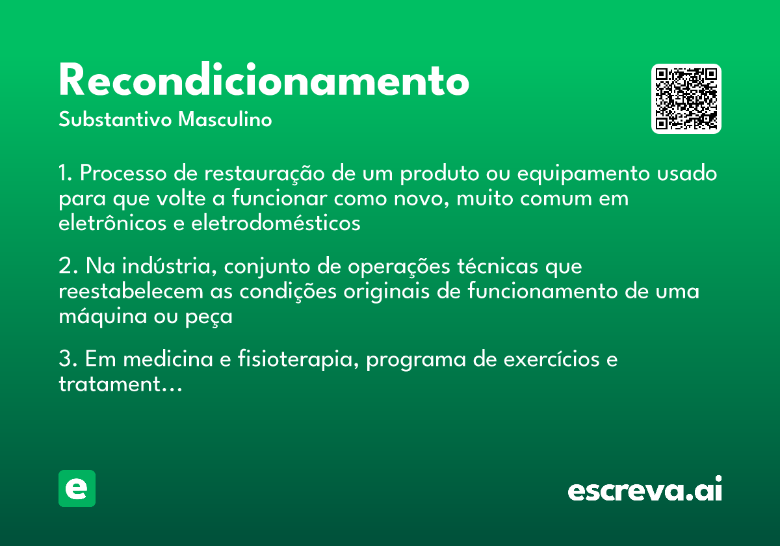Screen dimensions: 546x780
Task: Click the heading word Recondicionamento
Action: [x=263, y=81]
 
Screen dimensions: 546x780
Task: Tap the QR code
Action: [x=686, y=99]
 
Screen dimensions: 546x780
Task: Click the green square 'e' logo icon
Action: [x=77, y=488]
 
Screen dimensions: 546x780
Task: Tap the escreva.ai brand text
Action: [x=645, y=489]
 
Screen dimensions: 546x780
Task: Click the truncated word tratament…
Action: [x=120, y=385]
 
